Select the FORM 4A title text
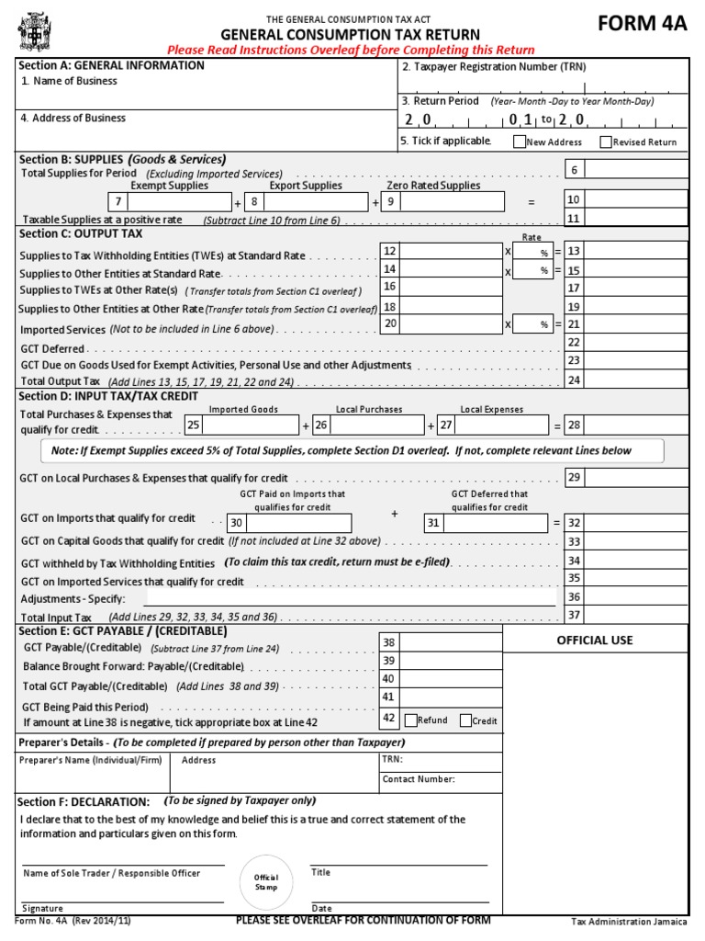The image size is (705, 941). tap(642, 24)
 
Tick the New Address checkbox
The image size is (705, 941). tap(520, 142)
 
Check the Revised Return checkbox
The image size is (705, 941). tap(606, 142)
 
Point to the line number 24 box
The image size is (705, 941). tap(574, 380)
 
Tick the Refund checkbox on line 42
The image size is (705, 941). tap(410, 720)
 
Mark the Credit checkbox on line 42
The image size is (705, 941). tap(465, 720)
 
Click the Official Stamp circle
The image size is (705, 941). tap(266, 881)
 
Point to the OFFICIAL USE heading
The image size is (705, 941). tap(595, 641)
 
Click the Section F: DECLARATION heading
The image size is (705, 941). tap(84, 802)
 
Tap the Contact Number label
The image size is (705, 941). tap(419, 779)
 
